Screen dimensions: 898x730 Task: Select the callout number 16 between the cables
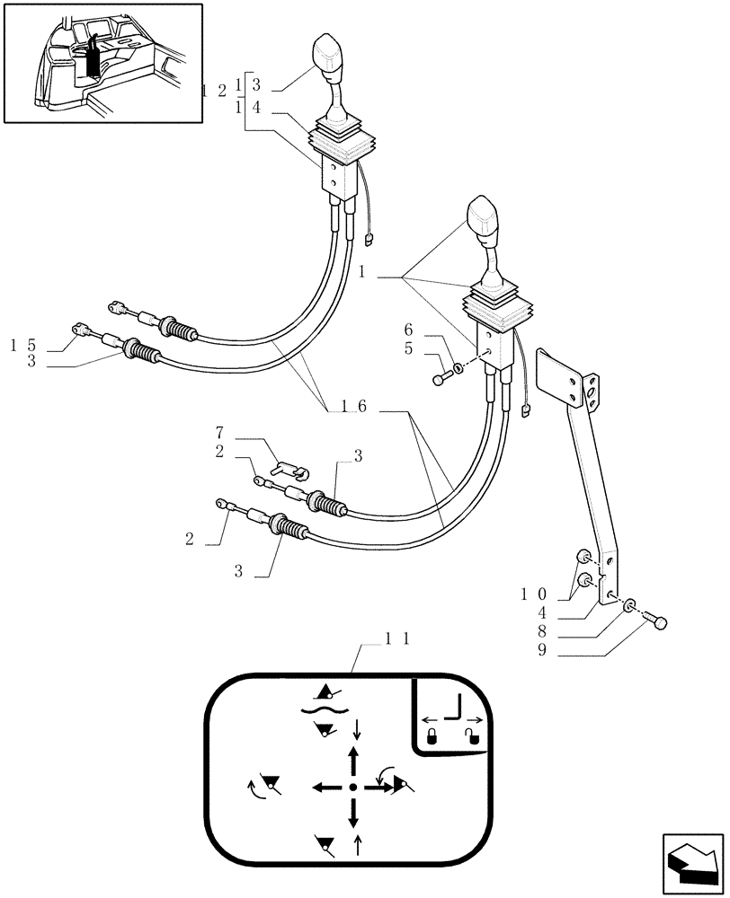coord(352,407)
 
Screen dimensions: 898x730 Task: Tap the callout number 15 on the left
coord(23,345)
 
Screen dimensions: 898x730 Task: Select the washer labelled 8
coord(628,607)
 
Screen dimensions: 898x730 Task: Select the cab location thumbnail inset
coord(102,62)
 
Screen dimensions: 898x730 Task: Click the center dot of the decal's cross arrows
coord(353,788)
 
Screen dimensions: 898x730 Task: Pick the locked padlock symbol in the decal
coord(432,738)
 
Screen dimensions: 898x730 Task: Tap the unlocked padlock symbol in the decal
coord(471,738)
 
